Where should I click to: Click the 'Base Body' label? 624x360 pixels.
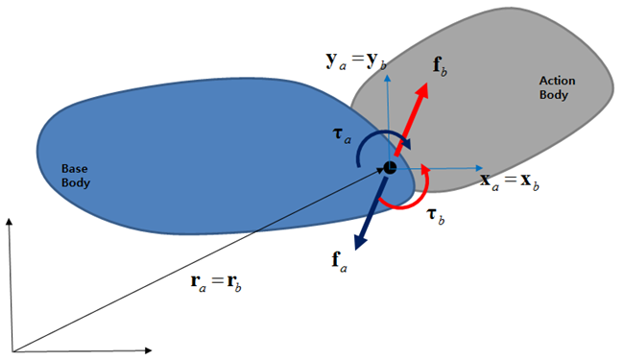pyautogui.click(x=74, y=175)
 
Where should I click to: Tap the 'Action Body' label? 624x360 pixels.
pyautogui.click(x=555, y=88)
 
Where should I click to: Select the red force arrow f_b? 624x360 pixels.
pyautogui.click(x=412, y=116)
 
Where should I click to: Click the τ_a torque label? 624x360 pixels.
pyautogui.click(x=341, y=138)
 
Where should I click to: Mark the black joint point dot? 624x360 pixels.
pyautogui.click(x=390, y=168)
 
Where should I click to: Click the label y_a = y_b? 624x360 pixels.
pyautogui.click(x=358, y=62)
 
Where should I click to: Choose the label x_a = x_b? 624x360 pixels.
pyautogui.click(x=509, y=180)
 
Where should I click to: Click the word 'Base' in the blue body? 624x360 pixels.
pyautogui.click(x=74, y=168)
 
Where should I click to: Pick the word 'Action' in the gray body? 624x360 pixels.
pyautogui.click(x=555, y=82)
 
